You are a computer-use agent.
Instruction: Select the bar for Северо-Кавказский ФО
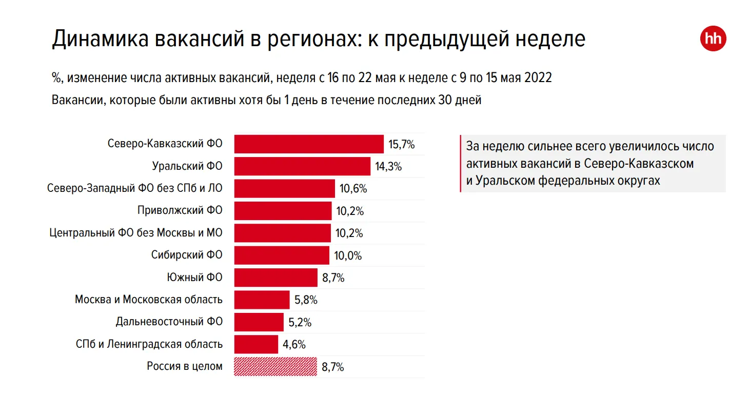point(309,144)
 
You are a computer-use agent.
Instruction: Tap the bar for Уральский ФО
point(302,166)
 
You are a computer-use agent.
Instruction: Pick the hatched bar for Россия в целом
point(275,367)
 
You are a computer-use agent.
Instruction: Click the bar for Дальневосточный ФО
point(259,322)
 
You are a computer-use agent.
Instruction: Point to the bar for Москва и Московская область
point(262,300)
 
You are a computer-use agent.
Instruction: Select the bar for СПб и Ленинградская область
point(256,344)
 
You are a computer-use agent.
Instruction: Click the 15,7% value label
point(401,144)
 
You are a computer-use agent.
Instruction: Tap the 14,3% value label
point(388,166)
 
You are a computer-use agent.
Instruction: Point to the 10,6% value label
point(353,189)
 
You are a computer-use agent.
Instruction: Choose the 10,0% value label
point(348,255)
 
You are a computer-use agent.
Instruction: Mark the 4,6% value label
point(294,344)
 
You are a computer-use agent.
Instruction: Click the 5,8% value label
point(306,300)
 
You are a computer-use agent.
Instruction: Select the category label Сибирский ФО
point(187,255)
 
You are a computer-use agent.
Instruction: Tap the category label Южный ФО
point(194,278)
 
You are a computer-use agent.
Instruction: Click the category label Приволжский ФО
point(180,210)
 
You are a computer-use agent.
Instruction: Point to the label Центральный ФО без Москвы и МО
point(136,233)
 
